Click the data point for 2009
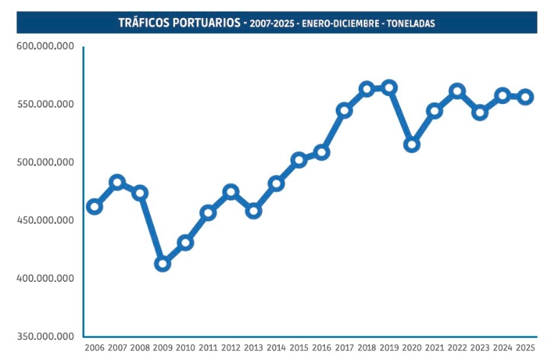point(162,264)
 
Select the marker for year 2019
point(390,87)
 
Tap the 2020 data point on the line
point(412,144)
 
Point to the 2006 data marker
point(94,207)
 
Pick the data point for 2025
point(526,97)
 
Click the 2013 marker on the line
point(253,211)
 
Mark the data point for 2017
point(344,110)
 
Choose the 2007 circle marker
point(117,182)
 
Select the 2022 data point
point(457,91)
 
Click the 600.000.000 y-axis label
point(44,47)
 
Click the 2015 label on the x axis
point(298,348)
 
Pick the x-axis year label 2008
point(140,348)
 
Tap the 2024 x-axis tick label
point(504,348)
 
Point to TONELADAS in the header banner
point(410,24)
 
